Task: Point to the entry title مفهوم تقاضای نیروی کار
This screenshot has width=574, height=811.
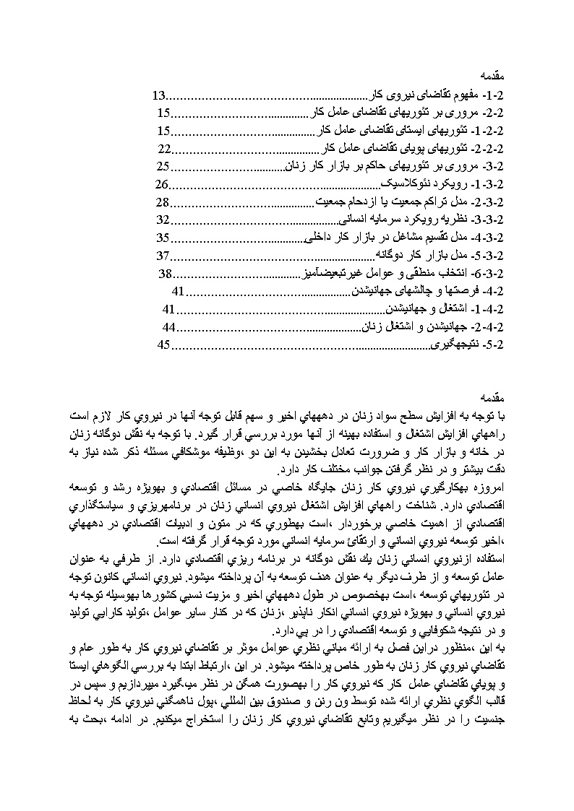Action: (x=427, y=95)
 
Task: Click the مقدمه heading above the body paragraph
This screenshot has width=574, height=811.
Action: (x=496, y=396)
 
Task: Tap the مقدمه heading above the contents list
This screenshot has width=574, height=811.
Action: (x=496, y=77)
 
